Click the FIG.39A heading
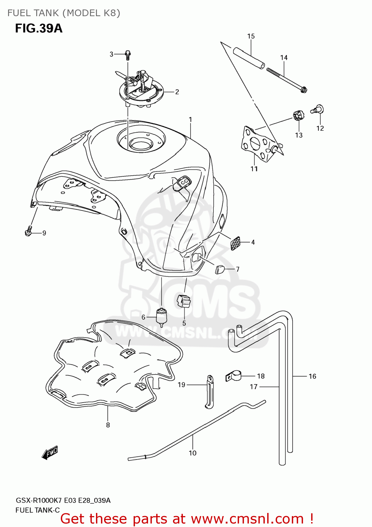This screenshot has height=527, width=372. click(x=39, y=28)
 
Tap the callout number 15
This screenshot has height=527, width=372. click(x=251, y=36)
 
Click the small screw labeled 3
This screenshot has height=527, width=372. click(x=128, y=55)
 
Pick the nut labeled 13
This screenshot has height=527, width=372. click(x=297, y=115)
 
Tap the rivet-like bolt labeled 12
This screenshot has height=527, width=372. click(x=318, y=110)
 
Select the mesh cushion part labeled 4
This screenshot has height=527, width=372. click(x=235, y=243)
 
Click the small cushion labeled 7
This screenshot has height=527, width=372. click(x=220, y=269)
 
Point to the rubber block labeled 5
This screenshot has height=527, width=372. click(x=184, y=301)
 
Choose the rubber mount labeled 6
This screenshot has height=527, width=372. click(x=161, y=316)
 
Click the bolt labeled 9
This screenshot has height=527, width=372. click(x=28, y=232)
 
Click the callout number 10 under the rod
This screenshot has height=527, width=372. click(x=192, y=453)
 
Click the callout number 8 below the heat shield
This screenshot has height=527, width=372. click(x=108, y=425)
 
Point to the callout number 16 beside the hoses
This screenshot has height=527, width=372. click(x=312, y=376)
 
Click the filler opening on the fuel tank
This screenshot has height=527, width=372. click(x=140, y=143)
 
